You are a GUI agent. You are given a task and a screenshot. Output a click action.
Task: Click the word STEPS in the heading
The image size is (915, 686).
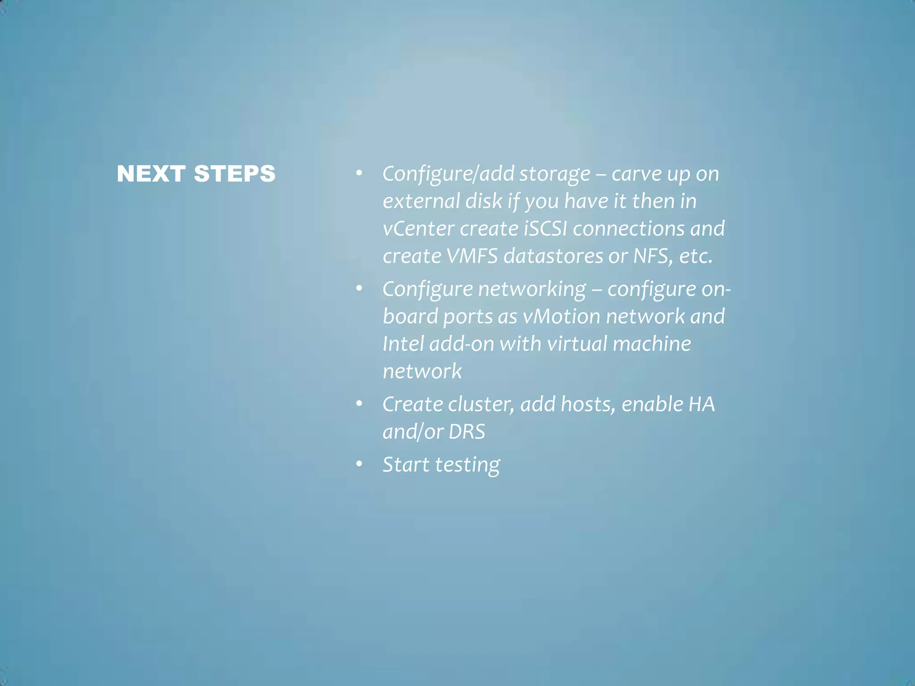[235, 174]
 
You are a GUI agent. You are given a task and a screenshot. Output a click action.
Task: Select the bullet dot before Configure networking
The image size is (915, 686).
[359, 289]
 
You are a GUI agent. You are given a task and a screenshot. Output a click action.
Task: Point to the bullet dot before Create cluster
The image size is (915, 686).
[359, 404]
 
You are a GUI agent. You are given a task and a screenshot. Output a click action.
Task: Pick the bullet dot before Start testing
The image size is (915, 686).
[359, 464]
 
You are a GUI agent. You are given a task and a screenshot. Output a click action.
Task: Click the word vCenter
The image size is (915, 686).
[419, 229]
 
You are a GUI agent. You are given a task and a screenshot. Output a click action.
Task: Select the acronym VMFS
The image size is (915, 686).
[472, 256]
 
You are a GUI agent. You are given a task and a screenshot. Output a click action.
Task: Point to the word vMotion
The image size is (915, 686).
[562, 317]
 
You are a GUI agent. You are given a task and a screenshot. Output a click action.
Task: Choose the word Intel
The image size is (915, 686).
[403, 344]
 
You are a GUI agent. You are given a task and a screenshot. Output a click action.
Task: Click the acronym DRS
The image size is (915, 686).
[467, 432]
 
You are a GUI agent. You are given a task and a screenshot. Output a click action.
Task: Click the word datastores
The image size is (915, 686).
[553, 256]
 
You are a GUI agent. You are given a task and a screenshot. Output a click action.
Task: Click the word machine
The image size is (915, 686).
[652, 344]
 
